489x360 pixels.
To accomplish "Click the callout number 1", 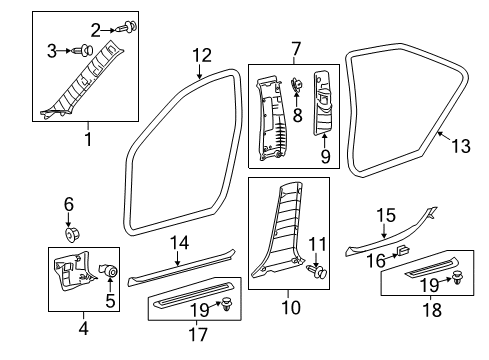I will (88, 140).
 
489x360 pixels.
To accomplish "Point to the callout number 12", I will (202, 55).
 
